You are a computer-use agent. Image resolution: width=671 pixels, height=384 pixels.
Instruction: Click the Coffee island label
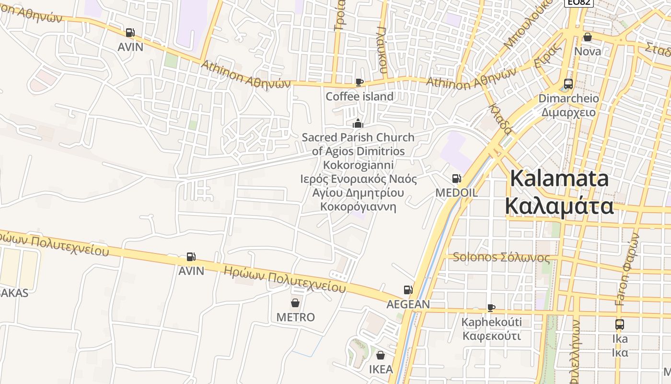pos(359,96)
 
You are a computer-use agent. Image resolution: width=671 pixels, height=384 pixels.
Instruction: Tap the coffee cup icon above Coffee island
pos(359,82)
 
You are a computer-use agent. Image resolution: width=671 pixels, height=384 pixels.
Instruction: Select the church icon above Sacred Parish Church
pos(358,123)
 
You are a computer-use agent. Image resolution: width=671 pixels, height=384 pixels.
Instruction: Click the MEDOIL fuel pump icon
pos(456,179)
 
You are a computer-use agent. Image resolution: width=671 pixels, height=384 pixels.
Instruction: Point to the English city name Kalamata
pos(559,179)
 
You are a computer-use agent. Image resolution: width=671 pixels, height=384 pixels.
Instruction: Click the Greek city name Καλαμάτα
pos(559,206)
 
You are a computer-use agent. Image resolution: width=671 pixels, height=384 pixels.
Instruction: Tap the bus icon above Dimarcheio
pos(568,84)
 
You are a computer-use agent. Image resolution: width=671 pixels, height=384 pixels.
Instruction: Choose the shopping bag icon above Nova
pos(588,37)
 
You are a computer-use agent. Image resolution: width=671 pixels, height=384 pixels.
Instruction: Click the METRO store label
pos(295,317)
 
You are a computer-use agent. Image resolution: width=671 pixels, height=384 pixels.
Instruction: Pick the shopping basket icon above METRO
pos(295,303)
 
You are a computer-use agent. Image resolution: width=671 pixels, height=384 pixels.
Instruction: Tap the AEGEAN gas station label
pos(408,304)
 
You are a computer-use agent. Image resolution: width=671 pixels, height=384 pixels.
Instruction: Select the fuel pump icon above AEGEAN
pos(408,290)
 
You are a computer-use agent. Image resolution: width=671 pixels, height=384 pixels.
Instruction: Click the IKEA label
pos(381,369)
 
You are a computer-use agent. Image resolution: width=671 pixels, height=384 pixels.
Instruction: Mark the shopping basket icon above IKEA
pos(381,355)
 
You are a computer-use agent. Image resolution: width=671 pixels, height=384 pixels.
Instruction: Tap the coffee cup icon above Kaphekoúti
pos(491,308)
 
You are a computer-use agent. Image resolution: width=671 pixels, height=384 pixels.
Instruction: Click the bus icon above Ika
pos(619,324)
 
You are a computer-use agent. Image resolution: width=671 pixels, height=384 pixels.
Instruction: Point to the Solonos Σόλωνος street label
pos(501,258)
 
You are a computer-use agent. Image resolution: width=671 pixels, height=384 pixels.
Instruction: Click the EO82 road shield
pos(579,2)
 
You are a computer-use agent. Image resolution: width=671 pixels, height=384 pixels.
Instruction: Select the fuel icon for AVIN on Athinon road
pos(130,33)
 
